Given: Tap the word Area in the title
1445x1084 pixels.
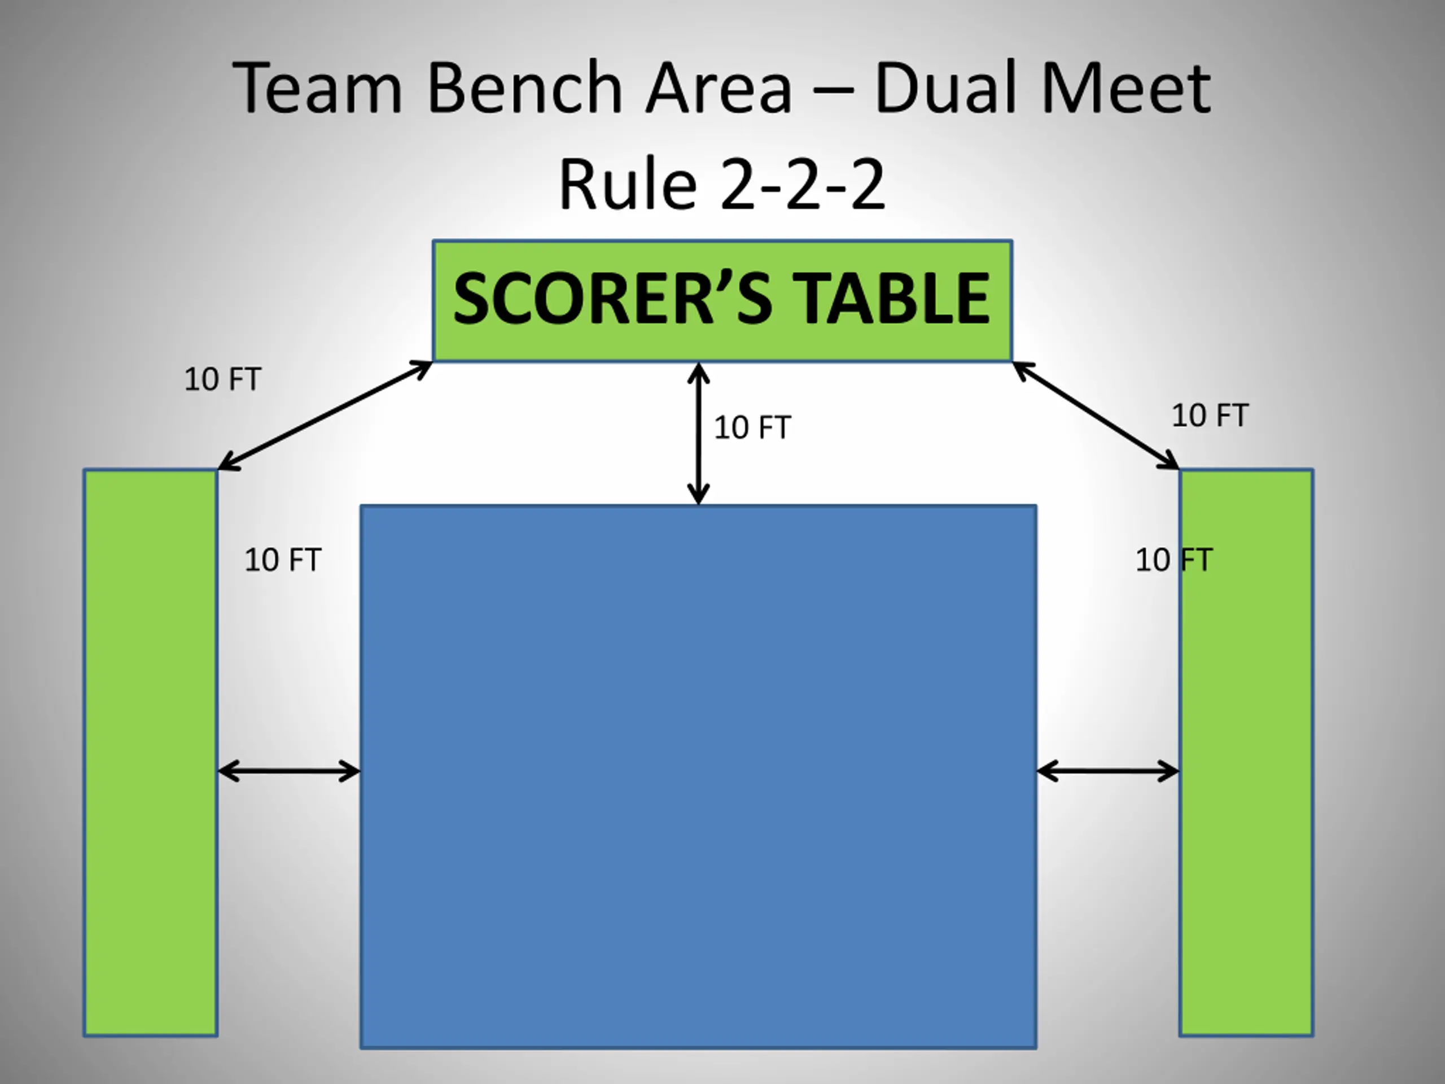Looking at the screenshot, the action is (x=719, y=88).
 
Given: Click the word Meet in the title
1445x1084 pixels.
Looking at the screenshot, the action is (x=1126, y=88).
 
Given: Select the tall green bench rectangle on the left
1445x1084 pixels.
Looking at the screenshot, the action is (x=150, y=752).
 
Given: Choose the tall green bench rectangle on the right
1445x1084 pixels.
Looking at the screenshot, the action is (x=1246, y=752).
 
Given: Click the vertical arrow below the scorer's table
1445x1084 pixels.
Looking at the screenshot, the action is (x=698, y=433).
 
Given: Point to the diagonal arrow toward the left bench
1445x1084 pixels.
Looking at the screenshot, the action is (x=325, y=415).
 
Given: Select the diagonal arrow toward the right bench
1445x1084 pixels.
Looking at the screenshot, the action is (x=1096, y=416).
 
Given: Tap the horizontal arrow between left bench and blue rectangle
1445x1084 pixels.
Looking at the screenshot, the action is (x=289, y=772).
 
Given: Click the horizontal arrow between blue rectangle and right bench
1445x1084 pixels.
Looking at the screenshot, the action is (x=1108, y=772).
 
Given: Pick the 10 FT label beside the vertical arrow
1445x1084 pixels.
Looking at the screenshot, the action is (x=752, y=428).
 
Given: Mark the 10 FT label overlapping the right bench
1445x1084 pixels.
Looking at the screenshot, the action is (x=1174, y=560).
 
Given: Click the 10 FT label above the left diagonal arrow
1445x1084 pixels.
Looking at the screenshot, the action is (x=223, y=379).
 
